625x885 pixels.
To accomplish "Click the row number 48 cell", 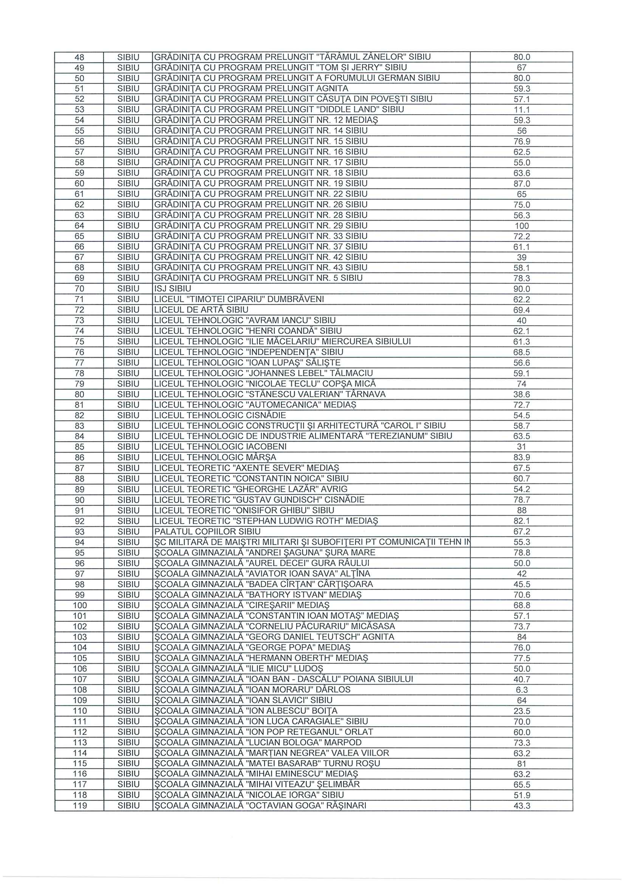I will coord(79,58).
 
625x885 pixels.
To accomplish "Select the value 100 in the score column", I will coord(522,226).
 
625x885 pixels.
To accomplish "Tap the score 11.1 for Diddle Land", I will coord(522,110).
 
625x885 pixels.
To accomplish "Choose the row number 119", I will coord(80,806).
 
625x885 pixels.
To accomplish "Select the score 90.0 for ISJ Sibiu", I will coord(522,289).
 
